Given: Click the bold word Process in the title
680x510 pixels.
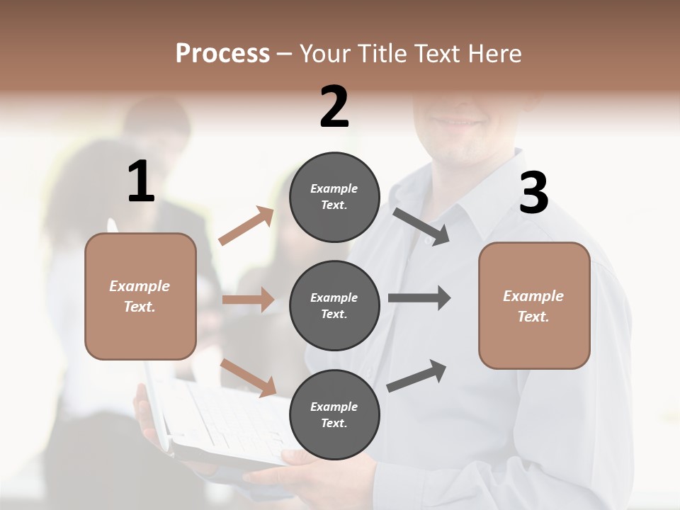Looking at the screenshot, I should (222, 53).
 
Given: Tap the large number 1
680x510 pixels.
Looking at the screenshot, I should (141, 182).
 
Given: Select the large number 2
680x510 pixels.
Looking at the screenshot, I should (334, 107).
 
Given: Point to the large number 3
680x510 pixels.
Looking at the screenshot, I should (533, 193).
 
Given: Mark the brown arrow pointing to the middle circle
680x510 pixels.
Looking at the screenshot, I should (248, 300).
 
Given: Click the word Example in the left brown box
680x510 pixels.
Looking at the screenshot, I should (140, 286).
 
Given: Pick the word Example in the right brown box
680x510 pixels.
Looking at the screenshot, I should (533, 296).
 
